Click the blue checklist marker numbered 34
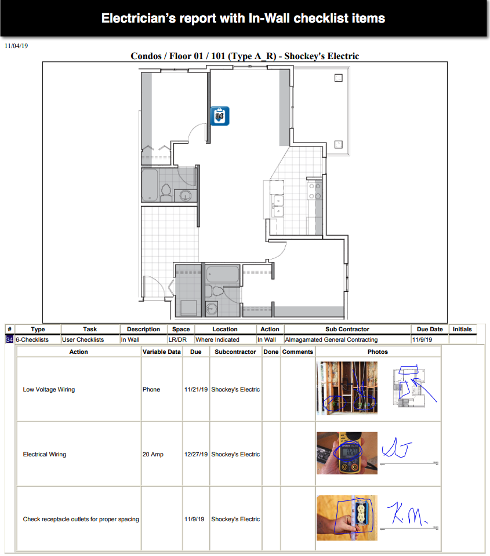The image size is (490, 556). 220,116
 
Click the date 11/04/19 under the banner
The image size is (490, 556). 16,46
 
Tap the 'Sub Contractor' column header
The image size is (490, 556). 347,329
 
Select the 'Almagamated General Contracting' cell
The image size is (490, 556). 331,339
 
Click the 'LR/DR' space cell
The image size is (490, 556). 177,339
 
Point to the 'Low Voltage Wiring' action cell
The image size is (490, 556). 49,389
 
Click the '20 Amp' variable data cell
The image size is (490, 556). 153,454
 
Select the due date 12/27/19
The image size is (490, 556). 196,454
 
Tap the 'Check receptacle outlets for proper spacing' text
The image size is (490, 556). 81,519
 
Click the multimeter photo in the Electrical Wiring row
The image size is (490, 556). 347,453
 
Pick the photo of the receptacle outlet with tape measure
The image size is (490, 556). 347,518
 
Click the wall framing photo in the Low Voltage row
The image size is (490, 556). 347,388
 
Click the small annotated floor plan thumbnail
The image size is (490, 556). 409,387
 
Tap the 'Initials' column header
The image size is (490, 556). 462,329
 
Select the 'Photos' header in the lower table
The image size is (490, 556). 378,352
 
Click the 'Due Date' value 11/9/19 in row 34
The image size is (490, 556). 422,339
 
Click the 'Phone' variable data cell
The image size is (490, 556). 151,389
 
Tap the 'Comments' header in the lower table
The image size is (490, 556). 297,352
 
